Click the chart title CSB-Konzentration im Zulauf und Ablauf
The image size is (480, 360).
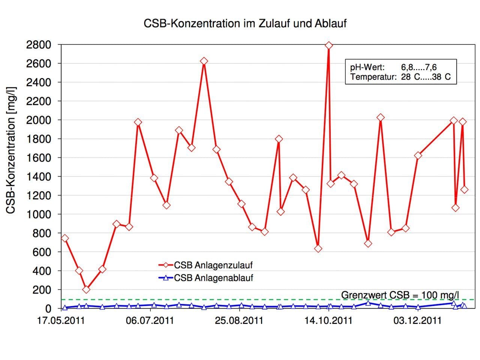pos(245,23)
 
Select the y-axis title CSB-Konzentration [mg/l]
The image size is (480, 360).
pos(11,150)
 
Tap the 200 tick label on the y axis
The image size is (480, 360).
pos(43,290)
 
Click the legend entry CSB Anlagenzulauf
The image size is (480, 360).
pos(213,265)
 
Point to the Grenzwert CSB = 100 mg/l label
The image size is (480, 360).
pos(400,295)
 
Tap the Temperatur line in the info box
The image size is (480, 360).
pos(400,78)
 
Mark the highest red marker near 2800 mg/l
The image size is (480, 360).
pos(329,45)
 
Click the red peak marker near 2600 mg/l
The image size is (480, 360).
pos(204,61)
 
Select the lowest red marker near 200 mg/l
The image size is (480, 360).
pos(86,289)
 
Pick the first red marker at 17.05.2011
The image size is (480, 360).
pos(64,238)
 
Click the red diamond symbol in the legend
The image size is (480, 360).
pos(166,265)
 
